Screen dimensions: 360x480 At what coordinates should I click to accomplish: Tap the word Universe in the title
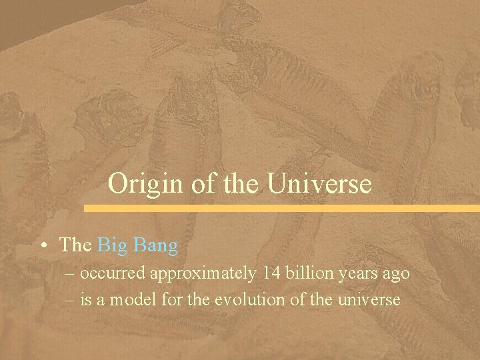tap(320, 183)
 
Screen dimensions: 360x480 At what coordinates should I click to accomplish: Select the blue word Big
tap(113, 245)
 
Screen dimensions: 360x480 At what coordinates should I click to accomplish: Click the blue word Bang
tap(155, 245)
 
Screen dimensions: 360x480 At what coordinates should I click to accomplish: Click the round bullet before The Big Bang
tap(43, 246)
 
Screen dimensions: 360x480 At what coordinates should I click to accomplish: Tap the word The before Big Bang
tap(75, 245)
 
